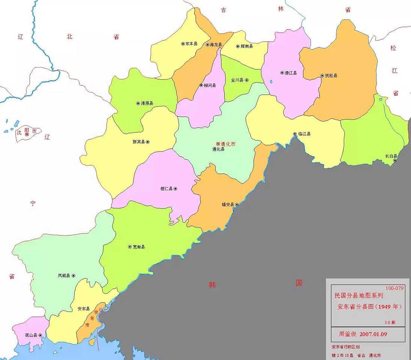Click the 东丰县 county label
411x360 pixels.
point(192,44)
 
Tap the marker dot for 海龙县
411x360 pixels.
point(207,45)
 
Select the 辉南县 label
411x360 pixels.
point(246,46)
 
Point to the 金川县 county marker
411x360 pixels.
point(247,80)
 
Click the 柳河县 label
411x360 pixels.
point(210,85)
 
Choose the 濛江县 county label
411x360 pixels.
point(291,73)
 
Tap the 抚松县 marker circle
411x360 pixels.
point(322,76)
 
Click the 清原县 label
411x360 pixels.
point(147,103)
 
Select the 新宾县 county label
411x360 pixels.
point(138,142)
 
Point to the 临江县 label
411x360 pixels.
point(304,134)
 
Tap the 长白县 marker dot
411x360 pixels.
point(394,160)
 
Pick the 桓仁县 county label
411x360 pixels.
point(166,189)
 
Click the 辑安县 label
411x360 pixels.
point(228,205)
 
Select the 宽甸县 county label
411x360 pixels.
point(139,247)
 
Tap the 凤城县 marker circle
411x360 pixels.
point(73,276)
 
